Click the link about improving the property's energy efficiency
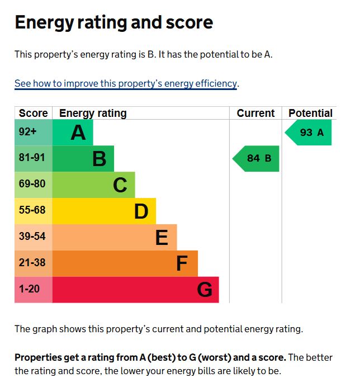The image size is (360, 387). point(126,84)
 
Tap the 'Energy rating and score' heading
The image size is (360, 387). point(113,22)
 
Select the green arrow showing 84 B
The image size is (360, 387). point(257,158)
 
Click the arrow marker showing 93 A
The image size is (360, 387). point(309,133)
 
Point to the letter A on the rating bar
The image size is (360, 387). point(78,133)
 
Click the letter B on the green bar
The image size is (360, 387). point(99,159)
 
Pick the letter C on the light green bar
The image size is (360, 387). point(120,185)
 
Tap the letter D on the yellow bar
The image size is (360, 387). point(141,211)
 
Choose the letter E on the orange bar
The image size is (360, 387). point(162,238)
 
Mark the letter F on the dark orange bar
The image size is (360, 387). point(182,263)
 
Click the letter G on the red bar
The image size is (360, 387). point(205,290)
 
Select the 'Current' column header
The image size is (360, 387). point(255,113)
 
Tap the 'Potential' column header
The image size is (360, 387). point(310,113)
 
